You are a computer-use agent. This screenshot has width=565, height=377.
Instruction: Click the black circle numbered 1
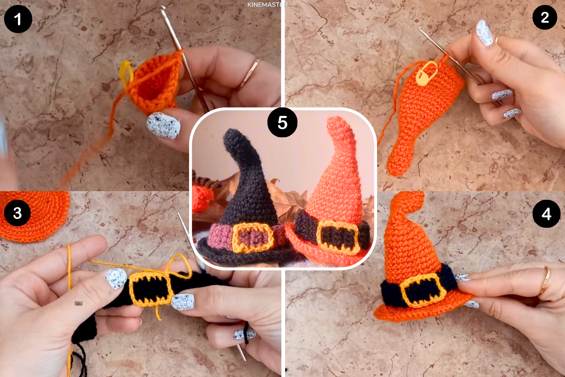coord(18,19)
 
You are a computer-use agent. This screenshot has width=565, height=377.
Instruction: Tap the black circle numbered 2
coord(545,17)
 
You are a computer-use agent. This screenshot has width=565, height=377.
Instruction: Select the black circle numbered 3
coord(17,213)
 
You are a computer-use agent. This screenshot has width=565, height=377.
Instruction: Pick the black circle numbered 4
coord(546,214)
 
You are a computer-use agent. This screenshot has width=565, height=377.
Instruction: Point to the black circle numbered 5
coord(282,123)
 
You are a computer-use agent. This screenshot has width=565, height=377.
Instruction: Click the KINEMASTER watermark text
coord(267,5)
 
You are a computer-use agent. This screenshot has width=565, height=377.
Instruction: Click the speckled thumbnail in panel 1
coord(163,126)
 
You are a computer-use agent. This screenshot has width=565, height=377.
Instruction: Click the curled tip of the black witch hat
coord(231,136)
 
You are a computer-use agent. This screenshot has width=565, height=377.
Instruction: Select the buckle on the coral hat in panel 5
coord(337,238)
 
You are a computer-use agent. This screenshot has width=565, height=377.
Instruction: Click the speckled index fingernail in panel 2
coord(484,33)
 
